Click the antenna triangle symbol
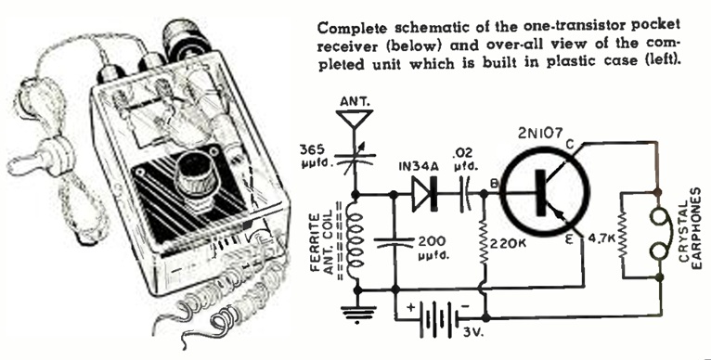click(356, 117)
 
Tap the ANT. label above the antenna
click(355, 102)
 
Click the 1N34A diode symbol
click(425, 195)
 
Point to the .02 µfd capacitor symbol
click(466, 195)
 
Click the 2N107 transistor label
click(541, 133)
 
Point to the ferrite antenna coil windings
click(355, 241)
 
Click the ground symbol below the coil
click(357, 315)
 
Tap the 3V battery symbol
click(438, 315)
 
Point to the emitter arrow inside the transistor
click(561, 217)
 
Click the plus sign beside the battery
click(411, 308)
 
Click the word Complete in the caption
click(353, 28)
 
